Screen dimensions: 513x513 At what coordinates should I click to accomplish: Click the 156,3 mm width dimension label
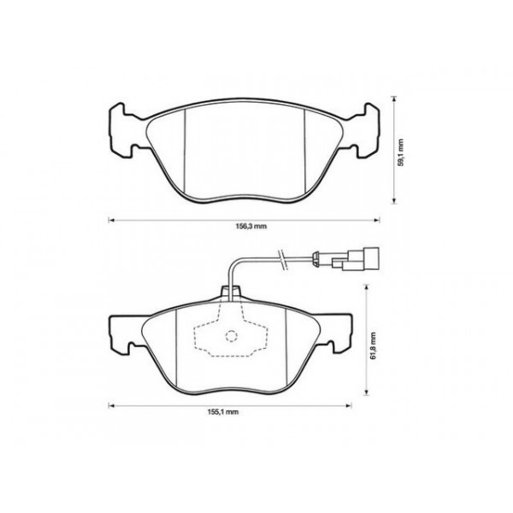[x=250, y=227]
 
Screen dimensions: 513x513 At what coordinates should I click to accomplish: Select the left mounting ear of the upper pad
[x=122, y=132]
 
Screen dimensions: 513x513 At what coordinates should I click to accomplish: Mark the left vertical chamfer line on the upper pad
[x=186, y=155]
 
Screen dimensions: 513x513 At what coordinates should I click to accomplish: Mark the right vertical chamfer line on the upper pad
[x=306, y=155]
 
